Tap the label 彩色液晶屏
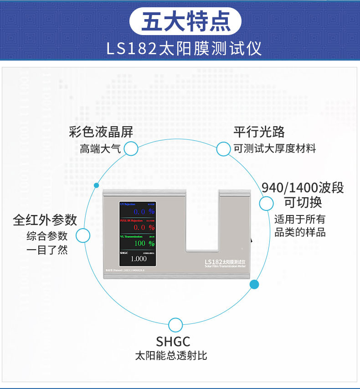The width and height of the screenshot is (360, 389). (x=101, y=133)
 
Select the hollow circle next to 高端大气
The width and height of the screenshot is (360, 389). (x=131, y=148)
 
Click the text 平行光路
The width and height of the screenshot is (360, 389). (x=259, y=132)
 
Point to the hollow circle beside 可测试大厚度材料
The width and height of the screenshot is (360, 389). (x=223, y=148)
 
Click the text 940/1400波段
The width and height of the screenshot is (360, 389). (x=303, y=188)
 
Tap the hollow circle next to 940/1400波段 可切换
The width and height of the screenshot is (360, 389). (x=266, y=204)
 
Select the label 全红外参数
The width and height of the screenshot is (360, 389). (x=45, y=220)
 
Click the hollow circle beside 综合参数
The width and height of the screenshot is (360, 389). (x=82, y=235)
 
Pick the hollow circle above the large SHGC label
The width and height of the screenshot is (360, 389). (x=175, y=325)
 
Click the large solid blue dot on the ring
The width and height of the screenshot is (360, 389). (x=255, y=285)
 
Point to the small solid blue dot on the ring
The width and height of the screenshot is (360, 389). (x=96, y=185)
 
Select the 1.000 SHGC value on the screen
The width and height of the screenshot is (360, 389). (x=139, y=258)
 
